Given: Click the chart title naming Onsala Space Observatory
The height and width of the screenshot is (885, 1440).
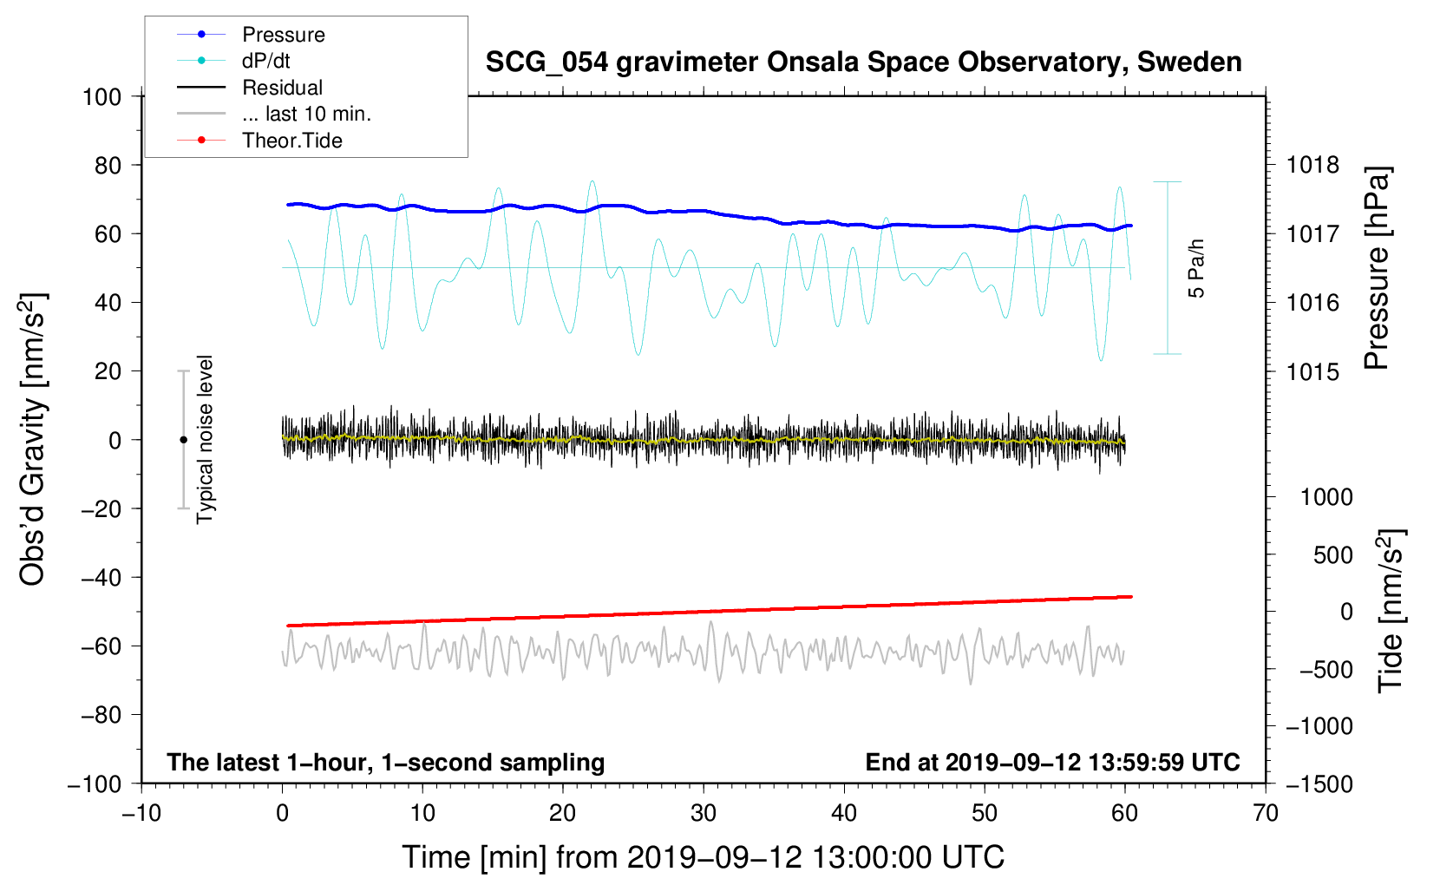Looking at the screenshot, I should pyautogui.click(x=863, y=62).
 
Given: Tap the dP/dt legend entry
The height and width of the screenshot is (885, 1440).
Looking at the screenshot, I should pyautogui.click(x=265, y=61).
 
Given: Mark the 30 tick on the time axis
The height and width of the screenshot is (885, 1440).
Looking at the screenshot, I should pyautogui.click(x=704, y=813).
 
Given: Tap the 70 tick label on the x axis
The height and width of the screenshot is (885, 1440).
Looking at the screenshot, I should pyautogui.click(x=1266, y=813).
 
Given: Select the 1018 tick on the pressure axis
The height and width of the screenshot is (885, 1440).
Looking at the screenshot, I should pyautogui.click(x=1312, y=165).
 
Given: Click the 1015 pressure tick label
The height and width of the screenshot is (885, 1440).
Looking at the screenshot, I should pyautogui.click(x=1312, y=371).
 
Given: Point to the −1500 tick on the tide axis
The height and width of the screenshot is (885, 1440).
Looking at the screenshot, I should pyautogui.click(x=1319, y=783).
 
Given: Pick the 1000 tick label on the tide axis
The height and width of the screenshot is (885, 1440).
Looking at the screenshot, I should pyautogui.click(x=1326, y=496).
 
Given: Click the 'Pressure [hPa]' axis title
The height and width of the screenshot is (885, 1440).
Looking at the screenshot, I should pyautogui.click(x=1377, y=269).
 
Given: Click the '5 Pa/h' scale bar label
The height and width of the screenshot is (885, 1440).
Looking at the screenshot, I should pyautogui.click(x=1197, y=269).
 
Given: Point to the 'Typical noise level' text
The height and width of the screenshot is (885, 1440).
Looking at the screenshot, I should pyautogui.click(x=205, y=440).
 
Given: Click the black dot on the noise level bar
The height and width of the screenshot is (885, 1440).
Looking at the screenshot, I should pyautogui.click(x=183, y=440).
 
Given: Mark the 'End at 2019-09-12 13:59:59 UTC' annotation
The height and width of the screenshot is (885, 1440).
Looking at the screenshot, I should pyautogui.click(x=1052, y=762).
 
